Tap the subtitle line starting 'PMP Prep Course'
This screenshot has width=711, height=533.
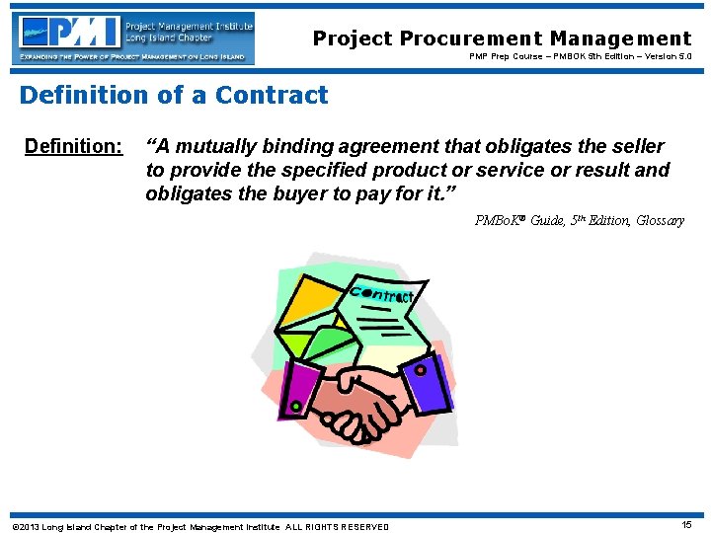pyautogui.click(x=580, y=57)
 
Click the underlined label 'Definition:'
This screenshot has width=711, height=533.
pyautogui.click(x=73, y=147)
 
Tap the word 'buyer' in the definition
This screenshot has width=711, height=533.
pyautogui.click(x=291, y=193)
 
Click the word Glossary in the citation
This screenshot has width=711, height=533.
pyautogui.click(x=661, y=221)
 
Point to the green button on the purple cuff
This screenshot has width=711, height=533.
pyautogui.click(x=294, y=406)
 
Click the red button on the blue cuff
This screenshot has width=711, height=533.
pyautogui.click(x=420, y=371)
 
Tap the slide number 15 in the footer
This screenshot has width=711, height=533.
pyautogui.click(x=686, y=525)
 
